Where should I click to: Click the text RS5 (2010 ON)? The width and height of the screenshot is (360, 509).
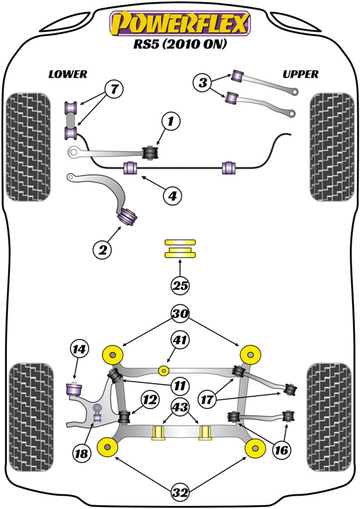181,46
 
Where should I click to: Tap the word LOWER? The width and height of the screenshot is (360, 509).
68,74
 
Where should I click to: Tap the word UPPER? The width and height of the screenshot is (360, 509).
300,74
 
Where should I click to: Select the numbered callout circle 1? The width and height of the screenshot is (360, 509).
170,120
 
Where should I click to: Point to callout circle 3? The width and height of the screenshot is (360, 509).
203,82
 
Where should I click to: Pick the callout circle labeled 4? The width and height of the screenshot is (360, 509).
171,197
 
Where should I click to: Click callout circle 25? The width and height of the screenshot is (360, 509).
181,286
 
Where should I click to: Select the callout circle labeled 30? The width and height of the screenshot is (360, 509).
181,313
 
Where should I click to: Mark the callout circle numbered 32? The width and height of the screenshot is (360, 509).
181,492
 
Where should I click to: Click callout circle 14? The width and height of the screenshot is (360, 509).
80,349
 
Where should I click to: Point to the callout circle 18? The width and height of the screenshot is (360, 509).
81,454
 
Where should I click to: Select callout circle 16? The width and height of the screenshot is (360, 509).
280,450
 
